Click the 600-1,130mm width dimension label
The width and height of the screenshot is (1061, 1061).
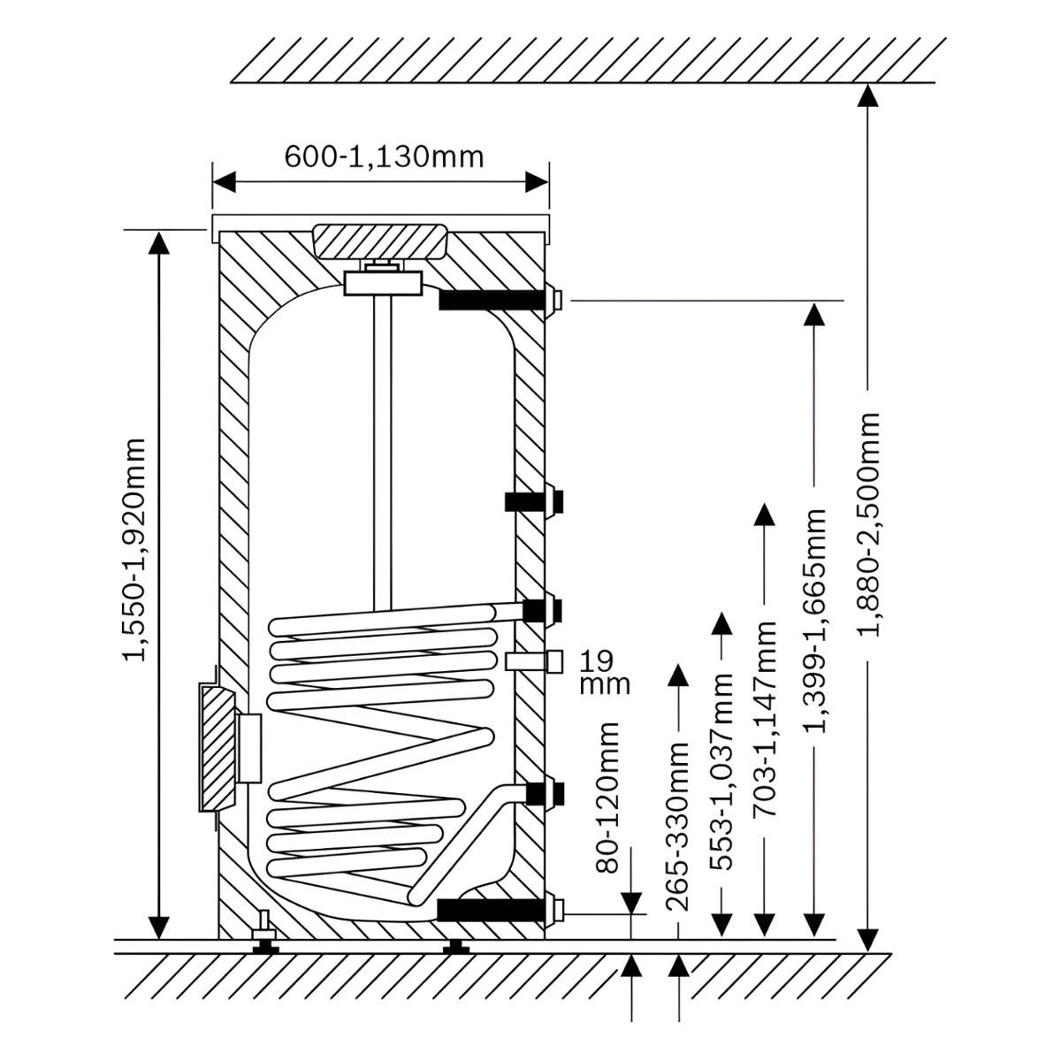(384, 156)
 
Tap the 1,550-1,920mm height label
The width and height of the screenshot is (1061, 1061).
(134, 549)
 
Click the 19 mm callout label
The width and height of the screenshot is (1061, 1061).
(605, 672)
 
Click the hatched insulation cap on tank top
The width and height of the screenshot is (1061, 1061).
(380, 241)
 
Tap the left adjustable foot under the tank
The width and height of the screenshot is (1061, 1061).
(265, 946)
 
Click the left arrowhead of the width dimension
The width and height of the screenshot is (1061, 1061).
(224, 182)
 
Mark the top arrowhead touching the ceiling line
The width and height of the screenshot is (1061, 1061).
(867, 95)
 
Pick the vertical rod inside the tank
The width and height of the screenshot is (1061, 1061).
(381, 452)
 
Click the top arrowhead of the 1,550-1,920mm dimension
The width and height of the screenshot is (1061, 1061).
(159, 243)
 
